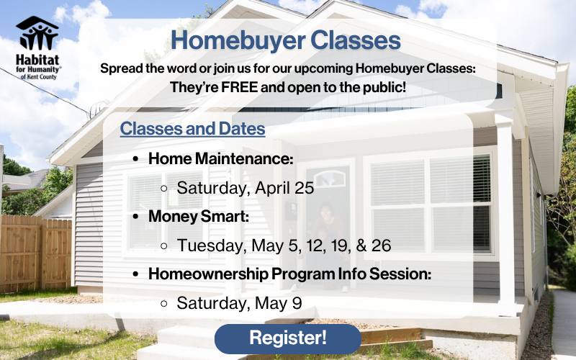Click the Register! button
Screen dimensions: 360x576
tap(288, 338)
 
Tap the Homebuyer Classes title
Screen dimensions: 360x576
tap(286, 40)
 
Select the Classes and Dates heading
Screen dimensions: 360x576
tap(192, 130)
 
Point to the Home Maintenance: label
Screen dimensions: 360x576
tap(221, 158)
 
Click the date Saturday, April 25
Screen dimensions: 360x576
tap(246, 188)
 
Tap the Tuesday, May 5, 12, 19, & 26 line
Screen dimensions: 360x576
tap(284, 246)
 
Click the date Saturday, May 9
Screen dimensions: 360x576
tap(239, 303)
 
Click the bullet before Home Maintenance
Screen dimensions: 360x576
tap(136, 159)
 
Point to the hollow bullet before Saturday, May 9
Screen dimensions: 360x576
tap(164, 304)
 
